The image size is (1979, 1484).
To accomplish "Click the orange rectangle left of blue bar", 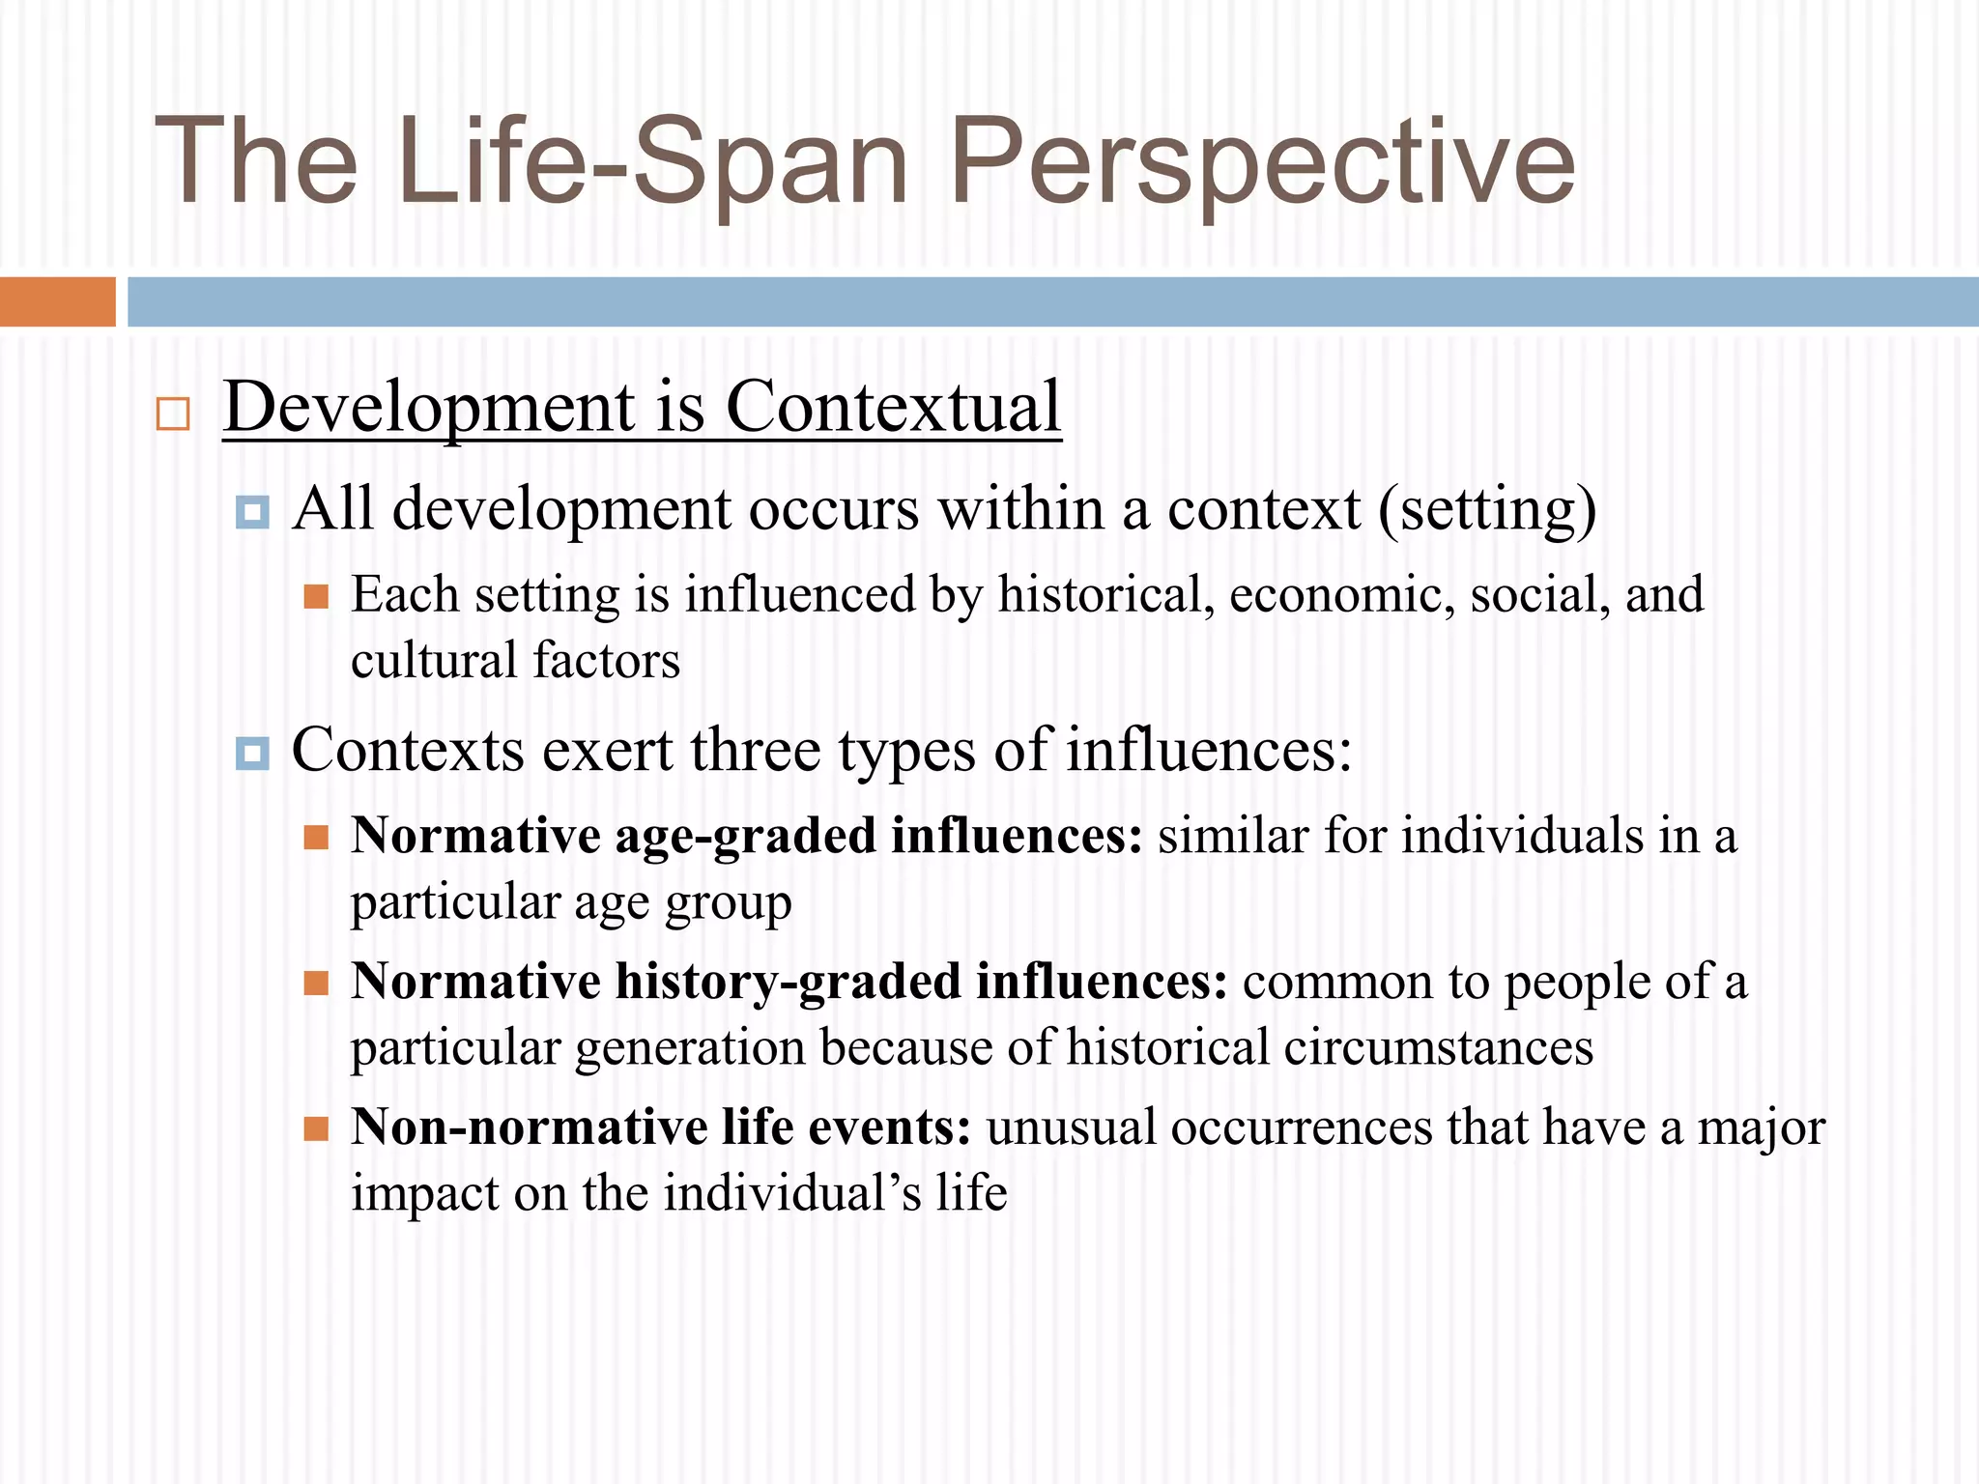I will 57,301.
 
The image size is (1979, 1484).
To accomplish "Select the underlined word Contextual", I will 893,407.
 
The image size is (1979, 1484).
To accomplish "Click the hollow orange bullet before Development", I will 173,414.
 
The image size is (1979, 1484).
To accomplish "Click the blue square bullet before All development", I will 252,511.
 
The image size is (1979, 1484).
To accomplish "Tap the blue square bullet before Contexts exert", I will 252,753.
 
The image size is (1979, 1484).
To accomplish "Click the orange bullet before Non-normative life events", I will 316,1128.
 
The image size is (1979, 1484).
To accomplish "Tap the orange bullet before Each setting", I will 316,596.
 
